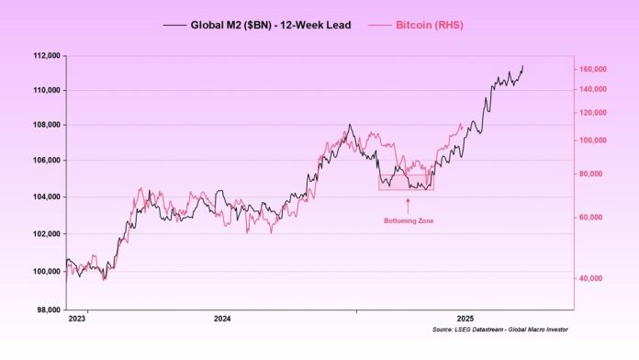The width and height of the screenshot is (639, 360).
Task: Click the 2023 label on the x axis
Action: coord(77,319)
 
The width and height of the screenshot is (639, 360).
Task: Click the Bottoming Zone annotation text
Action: coord(408,221)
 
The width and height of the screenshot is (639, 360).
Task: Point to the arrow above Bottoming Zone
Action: coord(408,204)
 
